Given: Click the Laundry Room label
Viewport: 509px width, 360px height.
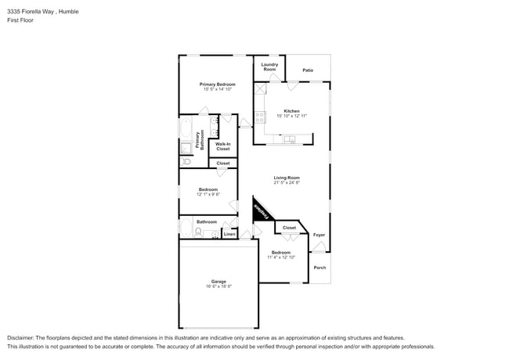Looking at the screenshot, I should click(x=269, y=67).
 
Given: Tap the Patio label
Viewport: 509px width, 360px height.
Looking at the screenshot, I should click(x=308, y=70).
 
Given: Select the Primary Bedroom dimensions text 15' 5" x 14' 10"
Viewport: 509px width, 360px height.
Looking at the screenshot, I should click(x=217, y=89).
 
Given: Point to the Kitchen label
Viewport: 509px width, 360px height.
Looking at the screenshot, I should click(x=291, y=110).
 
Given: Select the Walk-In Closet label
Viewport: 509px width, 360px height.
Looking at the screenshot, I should click(x=222, y=146).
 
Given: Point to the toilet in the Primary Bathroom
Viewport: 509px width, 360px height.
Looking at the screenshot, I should click(x=186, y=161).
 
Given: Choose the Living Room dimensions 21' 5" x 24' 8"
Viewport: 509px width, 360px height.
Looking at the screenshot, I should click(x=287, y=183).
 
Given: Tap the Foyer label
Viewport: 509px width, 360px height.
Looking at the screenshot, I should click(x=319, y=235).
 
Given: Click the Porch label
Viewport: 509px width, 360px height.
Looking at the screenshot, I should click(x=319, y=268).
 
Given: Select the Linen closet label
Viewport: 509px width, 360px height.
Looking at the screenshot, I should click(x=229, y=234).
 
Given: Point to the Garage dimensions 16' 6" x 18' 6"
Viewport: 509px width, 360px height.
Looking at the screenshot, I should click(x=218, y=286).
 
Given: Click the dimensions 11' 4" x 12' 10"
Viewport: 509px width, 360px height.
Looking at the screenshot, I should click(x=280, y=257).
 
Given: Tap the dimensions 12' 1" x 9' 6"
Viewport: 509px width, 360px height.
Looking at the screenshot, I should click(x=208, y=194).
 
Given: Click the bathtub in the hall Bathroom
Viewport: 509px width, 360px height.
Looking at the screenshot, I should click(x=186, y=228).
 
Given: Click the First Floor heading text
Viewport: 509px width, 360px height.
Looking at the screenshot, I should click(x=20, y=20).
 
